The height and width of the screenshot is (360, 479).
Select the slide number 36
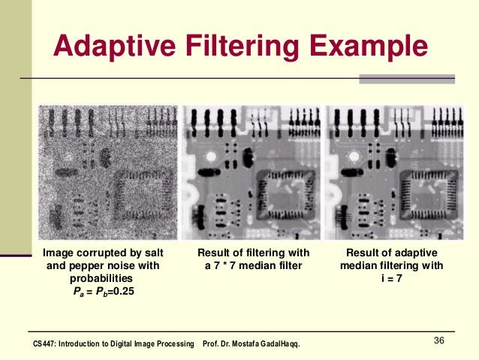tap(440, 343)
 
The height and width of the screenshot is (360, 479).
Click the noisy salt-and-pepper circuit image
tap(108, 171)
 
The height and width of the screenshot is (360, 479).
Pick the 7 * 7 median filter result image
tap(252, 171)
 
